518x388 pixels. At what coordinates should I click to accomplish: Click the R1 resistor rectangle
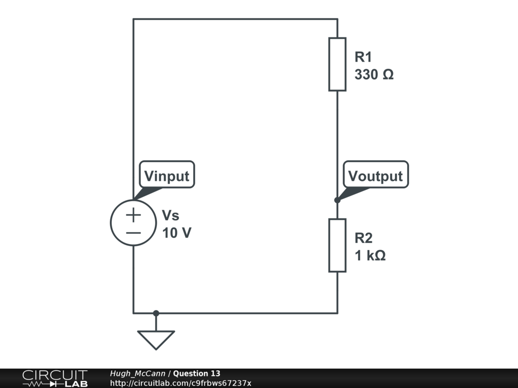[337, 64]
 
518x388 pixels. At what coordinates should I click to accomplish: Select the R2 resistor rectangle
[337, 245]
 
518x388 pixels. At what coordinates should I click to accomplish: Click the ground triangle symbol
[156, 339]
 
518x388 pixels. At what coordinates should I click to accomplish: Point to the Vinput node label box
[166, 176]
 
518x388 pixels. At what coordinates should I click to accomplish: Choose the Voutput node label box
[375, 175]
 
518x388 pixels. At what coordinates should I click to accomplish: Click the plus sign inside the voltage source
[134, 215]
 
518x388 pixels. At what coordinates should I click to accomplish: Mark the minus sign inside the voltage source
[134, 232]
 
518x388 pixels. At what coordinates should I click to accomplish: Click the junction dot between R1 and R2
[337, 200]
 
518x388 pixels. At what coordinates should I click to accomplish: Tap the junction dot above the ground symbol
[156, 313]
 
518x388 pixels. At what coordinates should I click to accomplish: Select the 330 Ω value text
[374, 75]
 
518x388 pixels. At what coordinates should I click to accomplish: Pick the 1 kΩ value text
[370, 256]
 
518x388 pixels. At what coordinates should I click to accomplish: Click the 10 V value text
[177, 233]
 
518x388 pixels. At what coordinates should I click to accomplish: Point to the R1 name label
[363, 57]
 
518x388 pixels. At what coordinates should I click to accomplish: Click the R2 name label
[363, 238]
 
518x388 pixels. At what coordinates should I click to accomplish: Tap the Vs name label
[170, 216]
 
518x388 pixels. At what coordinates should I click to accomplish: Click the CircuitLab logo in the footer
[55, 378]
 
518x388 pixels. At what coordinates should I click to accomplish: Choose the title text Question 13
[197, 374]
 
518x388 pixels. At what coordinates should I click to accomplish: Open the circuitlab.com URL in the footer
[180, 383]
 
